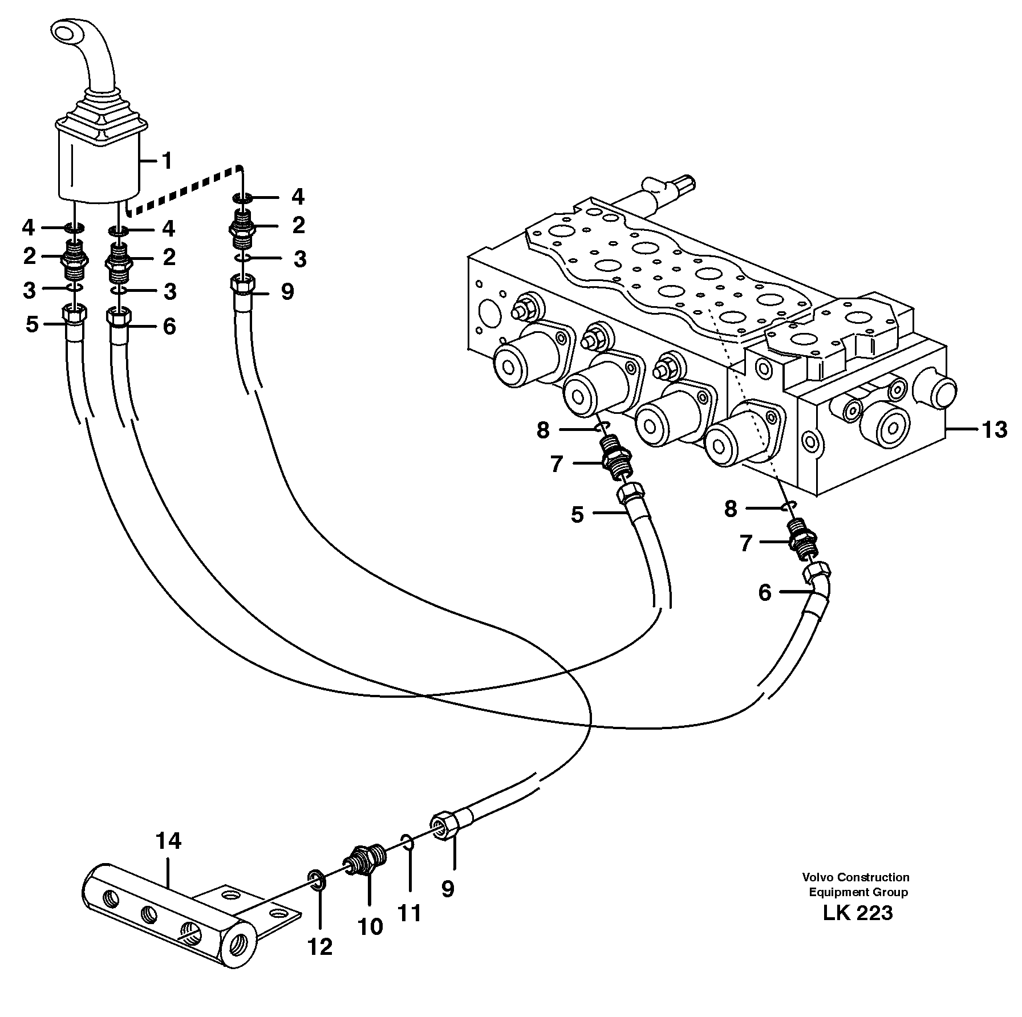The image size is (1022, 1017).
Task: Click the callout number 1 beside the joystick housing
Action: [166, 161]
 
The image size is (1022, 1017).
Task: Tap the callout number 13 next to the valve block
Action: [994, 429]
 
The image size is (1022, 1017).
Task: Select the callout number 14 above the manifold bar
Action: [168, 841]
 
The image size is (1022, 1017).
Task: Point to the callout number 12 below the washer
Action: [319, 947]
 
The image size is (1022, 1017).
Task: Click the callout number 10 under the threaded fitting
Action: [370, 927]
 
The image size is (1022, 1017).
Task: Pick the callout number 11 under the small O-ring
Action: [409, 913]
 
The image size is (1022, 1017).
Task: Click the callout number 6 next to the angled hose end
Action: [765, 593]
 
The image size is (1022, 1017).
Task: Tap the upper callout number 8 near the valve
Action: [543, 430]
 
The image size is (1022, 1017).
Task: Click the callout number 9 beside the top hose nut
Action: [287, 292]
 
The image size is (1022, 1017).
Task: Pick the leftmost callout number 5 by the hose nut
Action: [32, 324]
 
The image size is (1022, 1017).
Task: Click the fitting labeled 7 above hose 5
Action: [617, 455]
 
